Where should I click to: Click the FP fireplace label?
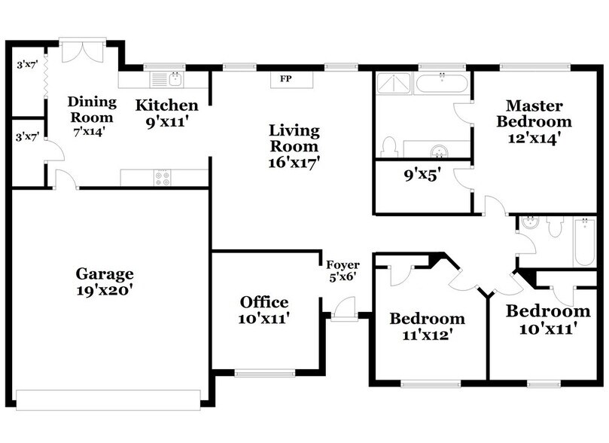point(286,79)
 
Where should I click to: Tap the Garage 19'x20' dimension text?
point(105,290)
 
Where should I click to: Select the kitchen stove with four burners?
point(163,178)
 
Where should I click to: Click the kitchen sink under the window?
point(176,80)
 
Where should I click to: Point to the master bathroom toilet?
point(389,147)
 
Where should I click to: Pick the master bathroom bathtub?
point(441,82)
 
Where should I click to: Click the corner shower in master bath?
point(394,83)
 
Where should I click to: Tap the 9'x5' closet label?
point(422,176)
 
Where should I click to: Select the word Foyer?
point(343,265)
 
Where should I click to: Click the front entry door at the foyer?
point(344,310)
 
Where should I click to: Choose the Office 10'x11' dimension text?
point(264,319)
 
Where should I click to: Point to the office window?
point(265,374)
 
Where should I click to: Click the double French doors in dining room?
point(82,50)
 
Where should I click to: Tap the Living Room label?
point(294,138)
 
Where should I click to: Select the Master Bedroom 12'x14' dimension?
point(534,138)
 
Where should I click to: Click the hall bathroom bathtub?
point(584,242)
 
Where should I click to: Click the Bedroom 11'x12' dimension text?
point(428,335)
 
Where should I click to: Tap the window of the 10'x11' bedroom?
point(544,384)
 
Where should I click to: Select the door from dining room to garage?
point(66,180)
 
